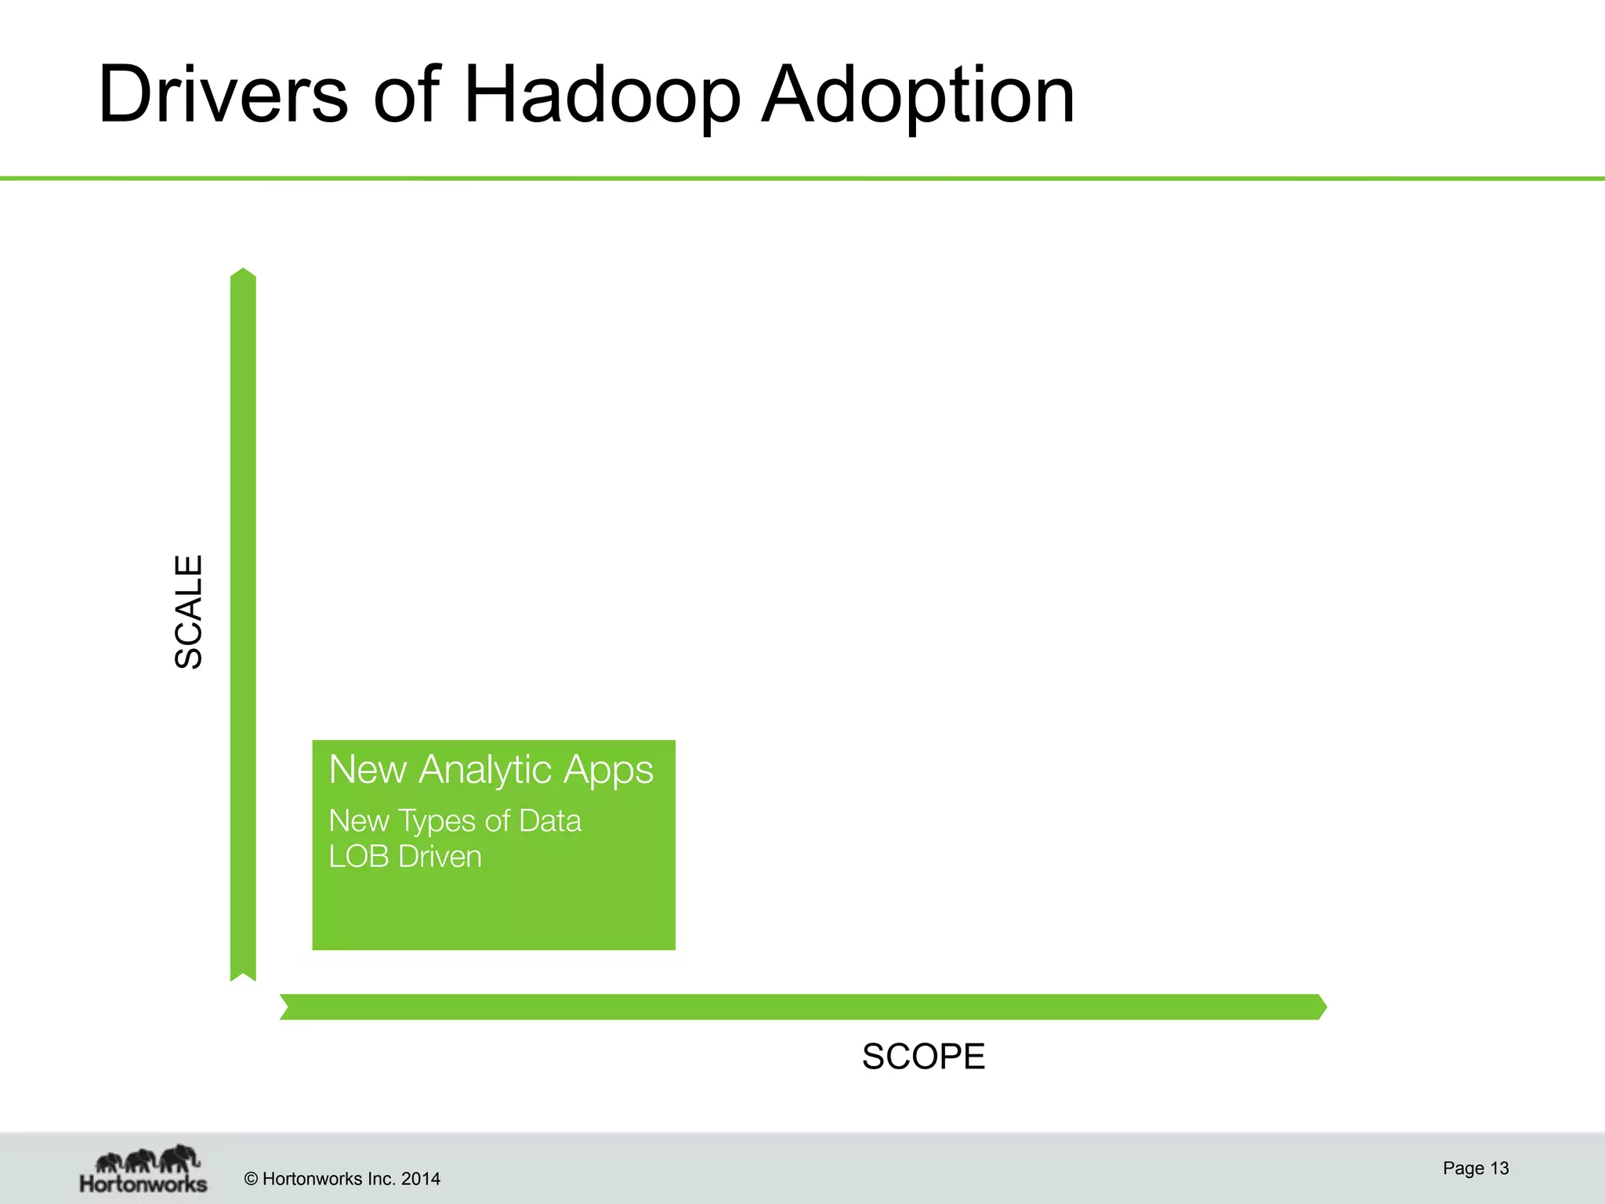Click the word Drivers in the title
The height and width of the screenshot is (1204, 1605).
tap(223, 95)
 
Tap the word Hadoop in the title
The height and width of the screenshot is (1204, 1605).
tap(601, 95)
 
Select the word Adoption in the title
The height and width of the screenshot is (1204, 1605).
tap(918, 95)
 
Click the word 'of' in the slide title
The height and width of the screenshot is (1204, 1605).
tap(407, 95)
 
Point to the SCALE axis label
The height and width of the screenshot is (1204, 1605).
tap(189, 612)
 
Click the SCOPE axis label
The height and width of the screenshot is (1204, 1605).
tap(923, 1057)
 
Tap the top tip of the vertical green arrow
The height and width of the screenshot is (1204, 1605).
tap(243, 272)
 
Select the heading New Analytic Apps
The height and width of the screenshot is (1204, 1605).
tap(491, 770)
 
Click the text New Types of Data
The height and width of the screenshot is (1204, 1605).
tap(455, 821)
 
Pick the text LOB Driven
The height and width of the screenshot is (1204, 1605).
tap(404, 857)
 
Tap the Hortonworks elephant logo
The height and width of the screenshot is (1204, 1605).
tap(147, 1159)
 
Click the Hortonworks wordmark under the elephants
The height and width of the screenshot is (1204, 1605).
tap(143, 1184)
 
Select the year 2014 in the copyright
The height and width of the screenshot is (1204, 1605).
tap(421, 1179)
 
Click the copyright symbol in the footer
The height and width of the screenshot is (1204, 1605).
tap(251, 1179)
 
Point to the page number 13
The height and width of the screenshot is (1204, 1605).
tap(1499, 1168)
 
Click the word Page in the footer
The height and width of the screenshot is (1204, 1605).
tap(1463, 1168)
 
